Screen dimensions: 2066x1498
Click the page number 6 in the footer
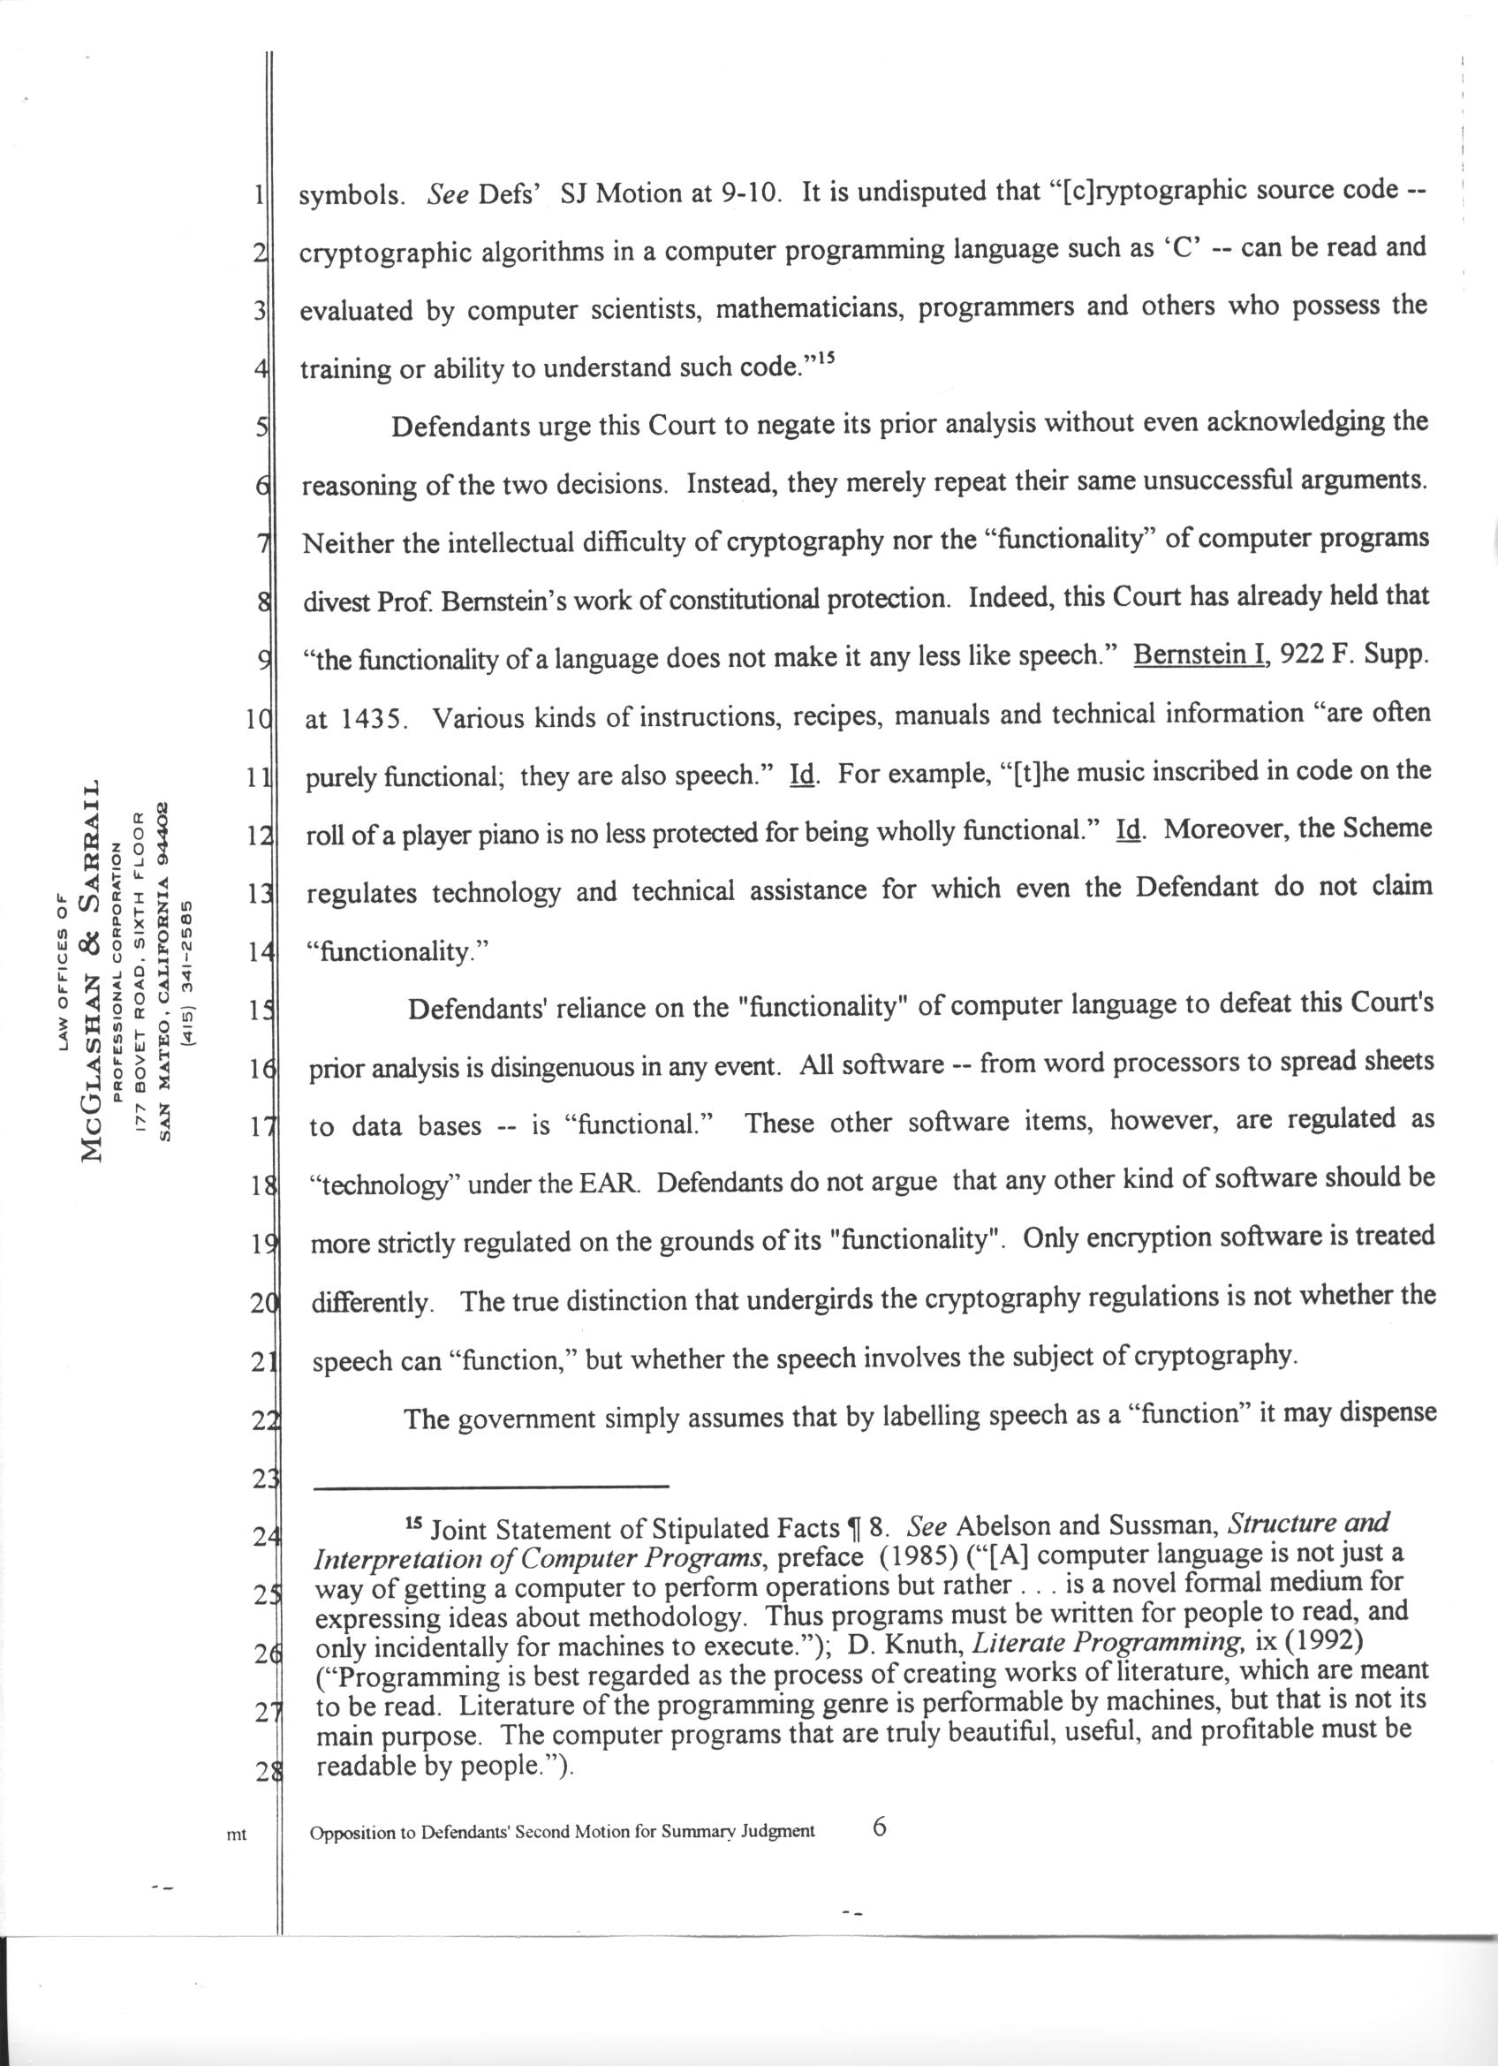(x=879, y=1825)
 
